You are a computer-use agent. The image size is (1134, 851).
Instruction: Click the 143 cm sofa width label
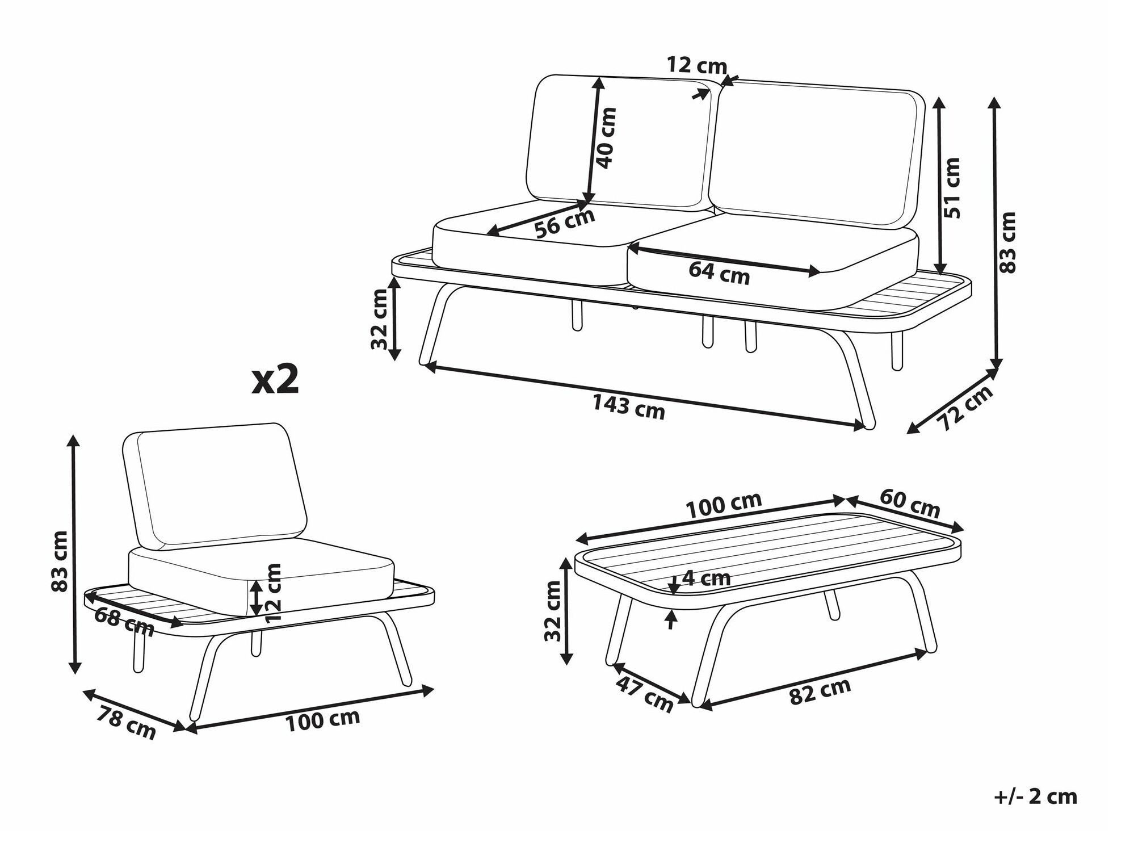pyautogui.click(x=628, y=406)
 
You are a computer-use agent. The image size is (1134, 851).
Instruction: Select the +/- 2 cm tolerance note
pyautogui.click(x=1036, y=796)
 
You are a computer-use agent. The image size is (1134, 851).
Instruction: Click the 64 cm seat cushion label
pyautogui.click(x=719, y=273)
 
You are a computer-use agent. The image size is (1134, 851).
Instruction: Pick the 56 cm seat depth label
pyautogui.click(x=564, y=223)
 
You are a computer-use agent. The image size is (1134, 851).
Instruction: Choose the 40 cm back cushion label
pyautogui.click(x=606, y=138)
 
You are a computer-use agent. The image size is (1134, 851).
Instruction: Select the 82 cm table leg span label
pyautogui.click(x=820, y=691)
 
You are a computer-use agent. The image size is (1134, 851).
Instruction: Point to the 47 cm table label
pyautogui.click(x=644, y=694)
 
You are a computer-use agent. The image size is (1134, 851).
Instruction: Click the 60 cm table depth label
pyautogui.click(x=910, y=503)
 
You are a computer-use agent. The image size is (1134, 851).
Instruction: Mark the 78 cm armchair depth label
pyautogui.click(x=125, y=723)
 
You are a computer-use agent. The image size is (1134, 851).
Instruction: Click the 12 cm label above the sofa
pyautogui.click(x=696, y=65)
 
